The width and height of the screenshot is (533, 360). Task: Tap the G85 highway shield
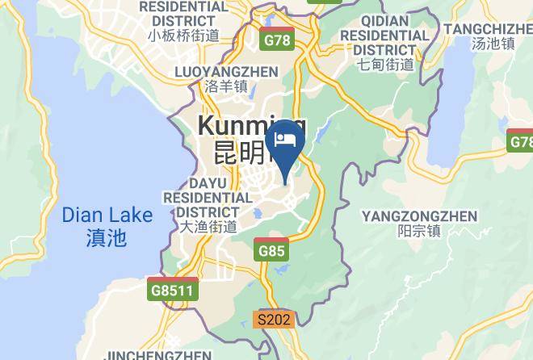pos(272,251)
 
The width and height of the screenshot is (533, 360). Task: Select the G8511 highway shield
pos(173,290)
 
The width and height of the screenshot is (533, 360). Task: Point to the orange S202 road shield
pos(272,320)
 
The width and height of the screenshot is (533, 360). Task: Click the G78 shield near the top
pos(277,39)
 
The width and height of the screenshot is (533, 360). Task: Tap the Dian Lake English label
pos(107,216)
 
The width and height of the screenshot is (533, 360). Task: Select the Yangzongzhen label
pos(419,216)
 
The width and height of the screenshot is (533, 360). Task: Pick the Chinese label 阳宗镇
pos(419,231)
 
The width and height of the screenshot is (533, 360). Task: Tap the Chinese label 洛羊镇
pos(227,87)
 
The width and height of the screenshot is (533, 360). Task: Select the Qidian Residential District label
pos(384,36)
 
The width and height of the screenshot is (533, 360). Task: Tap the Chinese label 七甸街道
pos(386,64)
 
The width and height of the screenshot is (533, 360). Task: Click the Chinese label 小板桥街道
pos(183,35)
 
